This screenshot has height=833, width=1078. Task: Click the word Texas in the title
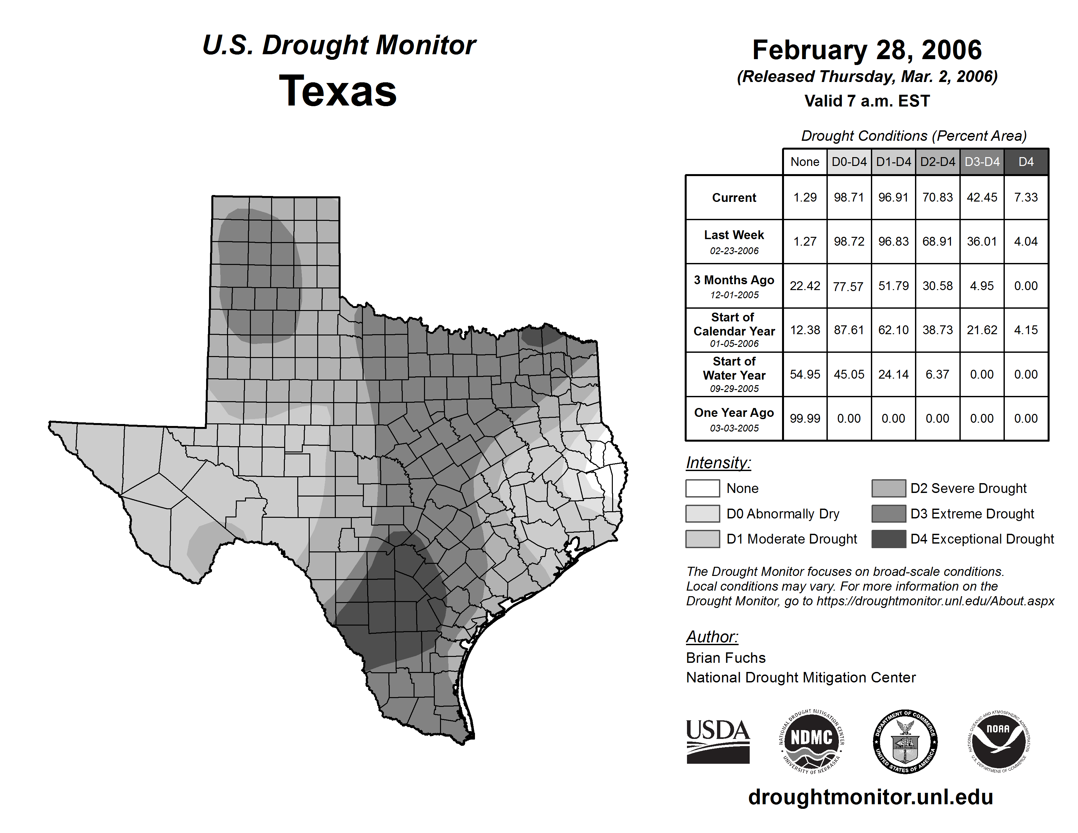[338, 91]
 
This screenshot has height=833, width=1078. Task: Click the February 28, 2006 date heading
[867, 50]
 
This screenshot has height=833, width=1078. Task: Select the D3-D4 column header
[982, 162]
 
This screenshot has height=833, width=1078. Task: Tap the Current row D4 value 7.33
[1026, 197]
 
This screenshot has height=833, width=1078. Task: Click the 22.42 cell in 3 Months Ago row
[805, 286]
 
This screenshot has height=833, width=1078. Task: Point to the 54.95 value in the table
[805, 375]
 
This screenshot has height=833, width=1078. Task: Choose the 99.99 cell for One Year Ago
[805, 418]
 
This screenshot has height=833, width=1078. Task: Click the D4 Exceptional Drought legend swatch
[889, 539]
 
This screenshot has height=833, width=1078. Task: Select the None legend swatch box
[702, 488]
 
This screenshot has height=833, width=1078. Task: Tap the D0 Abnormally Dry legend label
[783, 514]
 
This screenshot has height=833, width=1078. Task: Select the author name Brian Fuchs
[726, 658]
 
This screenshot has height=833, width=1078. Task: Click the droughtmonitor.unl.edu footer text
[870, 797]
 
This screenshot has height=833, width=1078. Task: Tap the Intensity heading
[718, 463]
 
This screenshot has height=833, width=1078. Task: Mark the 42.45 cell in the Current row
[982, 197]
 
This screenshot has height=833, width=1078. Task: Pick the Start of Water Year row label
[734, 375]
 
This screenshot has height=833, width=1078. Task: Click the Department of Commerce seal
[905, 741]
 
